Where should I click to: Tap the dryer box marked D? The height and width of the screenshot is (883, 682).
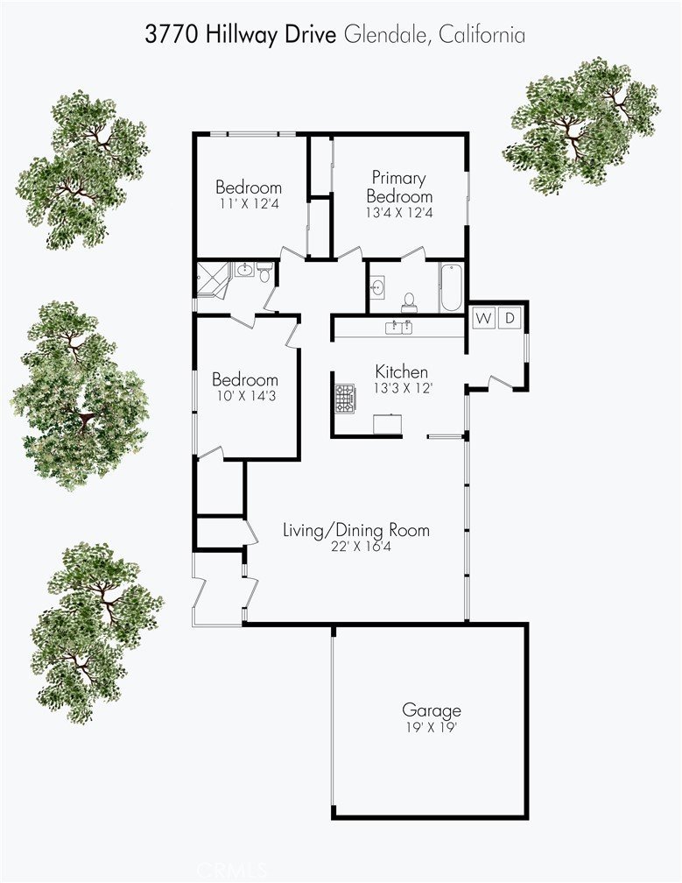pyautogui.click(x=510, y=318)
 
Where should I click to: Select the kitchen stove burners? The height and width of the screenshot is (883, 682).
pyautogui.click(x=346, y=399)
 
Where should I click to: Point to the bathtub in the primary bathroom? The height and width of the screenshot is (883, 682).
pyautogui.click(x=451, y=287)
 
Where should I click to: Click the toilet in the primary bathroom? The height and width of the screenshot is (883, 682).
pyautogui.click(x=409, y=302)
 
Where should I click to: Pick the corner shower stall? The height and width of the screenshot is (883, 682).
pyautogui.click(x=212, y=279)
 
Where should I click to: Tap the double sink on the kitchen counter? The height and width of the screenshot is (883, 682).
pyautogui.click(x=398, y=328)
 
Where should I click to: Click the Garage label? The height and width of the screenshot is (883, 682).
pyautogui.click(x=432, y=710)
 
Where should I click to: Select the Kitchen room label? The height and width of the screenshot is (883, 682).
pyautogui.click(x=402, y=371)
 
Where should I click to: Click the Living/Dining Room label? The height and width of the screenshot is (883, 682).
pyautogui.click(x=356, y=530)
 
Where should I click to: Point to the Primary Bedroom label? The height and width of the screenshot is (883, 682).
pyautogui.click(x=399, y=187)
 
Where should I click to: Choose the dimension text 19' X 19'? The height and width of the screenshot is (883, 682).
pyautogui.click(x=431, y=728)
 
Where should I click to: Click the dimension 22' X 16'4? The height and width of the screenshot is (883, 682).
pyautogui.click(x=356, y=547)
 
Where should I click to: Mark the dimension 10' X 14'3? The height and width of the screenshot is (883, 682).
pyautogui.click(x=247, y=396)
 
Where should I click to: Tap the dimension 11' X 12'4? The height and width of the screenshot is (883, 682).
pyautogui.click(x=249, y=204)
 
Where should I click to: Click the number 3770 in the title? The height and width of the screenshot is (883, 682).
pyautogui.click(x=172, y=35)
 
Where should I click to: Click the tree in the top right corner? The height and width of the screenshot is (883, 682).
pyautogui.click(x=582, y=124)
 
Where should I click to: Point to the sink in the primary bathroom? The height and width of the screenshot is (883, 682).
pyautogui.click(x=378, y=286)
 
